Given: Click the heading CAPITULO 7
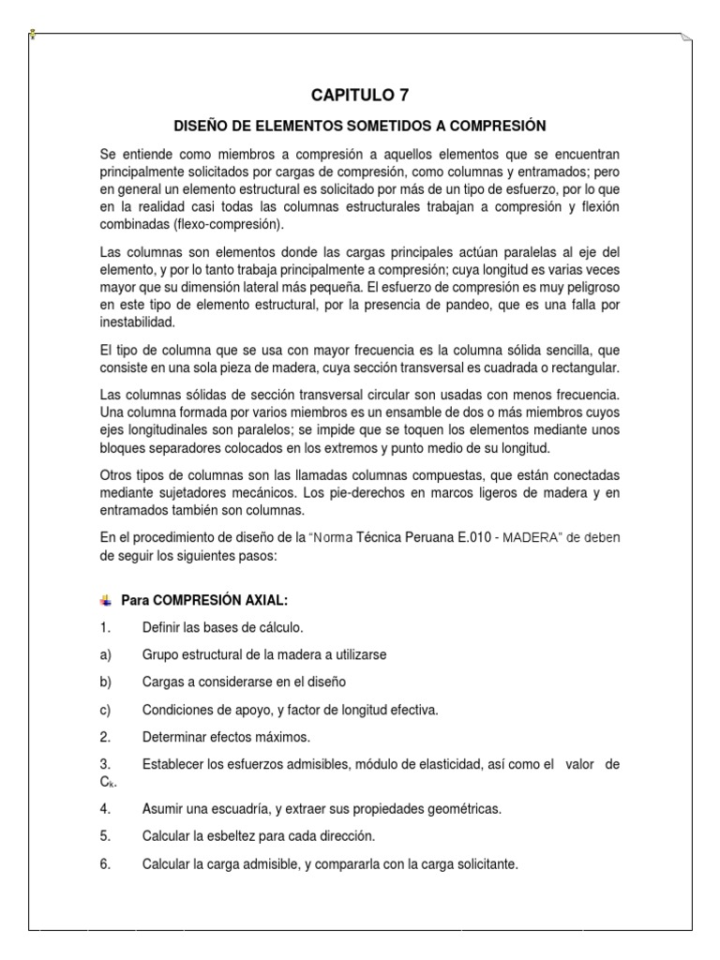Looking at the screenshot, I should [x=360, y=95].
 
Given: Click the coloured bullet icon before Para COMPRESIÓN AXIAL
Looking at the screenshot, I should [x=105, y=600].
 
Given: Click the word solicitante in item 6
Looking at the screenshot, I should [x=485, y=863].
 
